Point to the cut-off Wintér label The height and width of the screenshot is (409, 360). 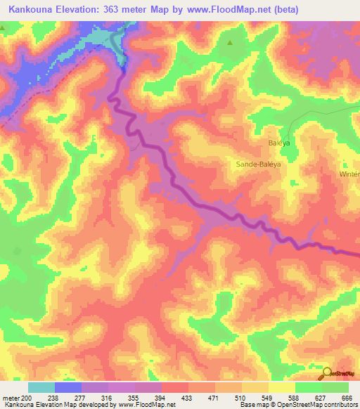click(x=349, y=174)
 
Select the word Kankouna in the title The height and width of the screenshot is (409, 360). click(x=32, y=10)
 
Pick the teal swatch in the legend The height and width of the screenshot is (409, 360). click(x=41, y=387)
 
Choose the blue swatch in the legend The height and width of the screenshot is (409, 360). click(x=67, y=387)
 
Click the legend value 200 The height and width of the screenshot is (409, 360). click(x=26, y=398)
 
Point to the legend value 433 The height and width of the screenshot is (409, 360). click(x=187, y=398)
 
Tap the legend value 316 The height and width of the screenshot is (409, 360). click(x=107, y=398)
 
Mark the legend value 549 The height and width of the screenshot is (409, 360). click(x=267, y=398)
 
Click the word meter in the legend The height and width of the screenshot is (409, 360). click(x=11, y=398)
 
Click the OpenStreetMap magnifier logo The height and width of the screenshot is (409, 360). click(x=327, y=373)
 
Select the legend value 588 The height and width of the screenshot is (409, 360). click(x=294, y=398)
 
